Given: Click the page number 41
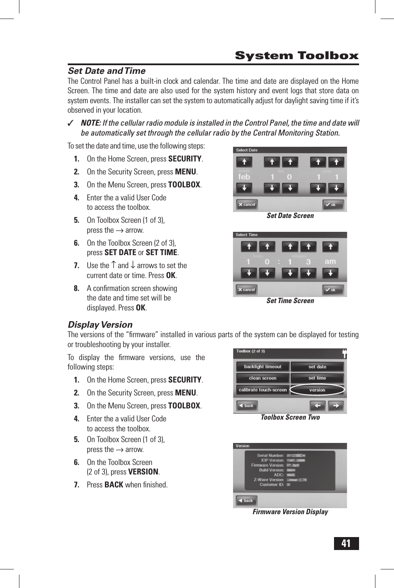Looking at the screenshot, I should [x=346, y=543].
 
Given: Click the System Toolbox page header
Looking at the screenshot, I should [x=296, y=56].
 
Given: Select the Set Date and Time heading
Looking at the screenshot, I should [x=107, y=71].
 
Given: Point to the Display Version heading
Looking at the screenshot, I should [x=100, y=325].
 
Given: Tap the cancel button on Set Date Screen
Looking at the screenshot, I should [x=247, y=205].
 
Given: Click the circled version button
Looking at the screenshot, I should [x=317, y=390].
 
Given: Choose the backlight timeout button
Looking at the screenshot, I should [x=262, y=367].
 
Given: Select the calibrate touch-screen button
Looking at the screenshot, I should [x=262, y=390].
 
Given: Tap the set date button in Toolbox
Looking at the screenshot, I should [x=317, y=367].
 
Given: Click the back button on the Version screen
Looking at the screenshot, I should [x=246, y=501].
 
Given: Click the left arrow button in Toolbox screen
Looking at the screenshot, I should [x=318, y=406].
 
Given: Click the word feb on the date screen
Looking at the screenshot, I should [x=244, y=177].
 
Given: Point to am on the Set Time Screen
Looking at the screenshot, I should [x=330, y=261].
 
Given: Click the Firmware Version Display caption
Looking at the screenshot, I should [x=290, y=512].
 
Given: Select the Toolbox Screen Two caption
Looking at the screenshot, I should [x=290, y=417].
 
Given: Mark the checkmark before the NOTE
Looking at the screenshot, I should [x=71, y=123].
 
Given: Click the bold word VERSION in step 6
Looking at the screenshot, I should [x=143, y=472].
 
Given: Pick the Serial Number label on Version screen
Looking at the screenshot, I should [x=270, y=455].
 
